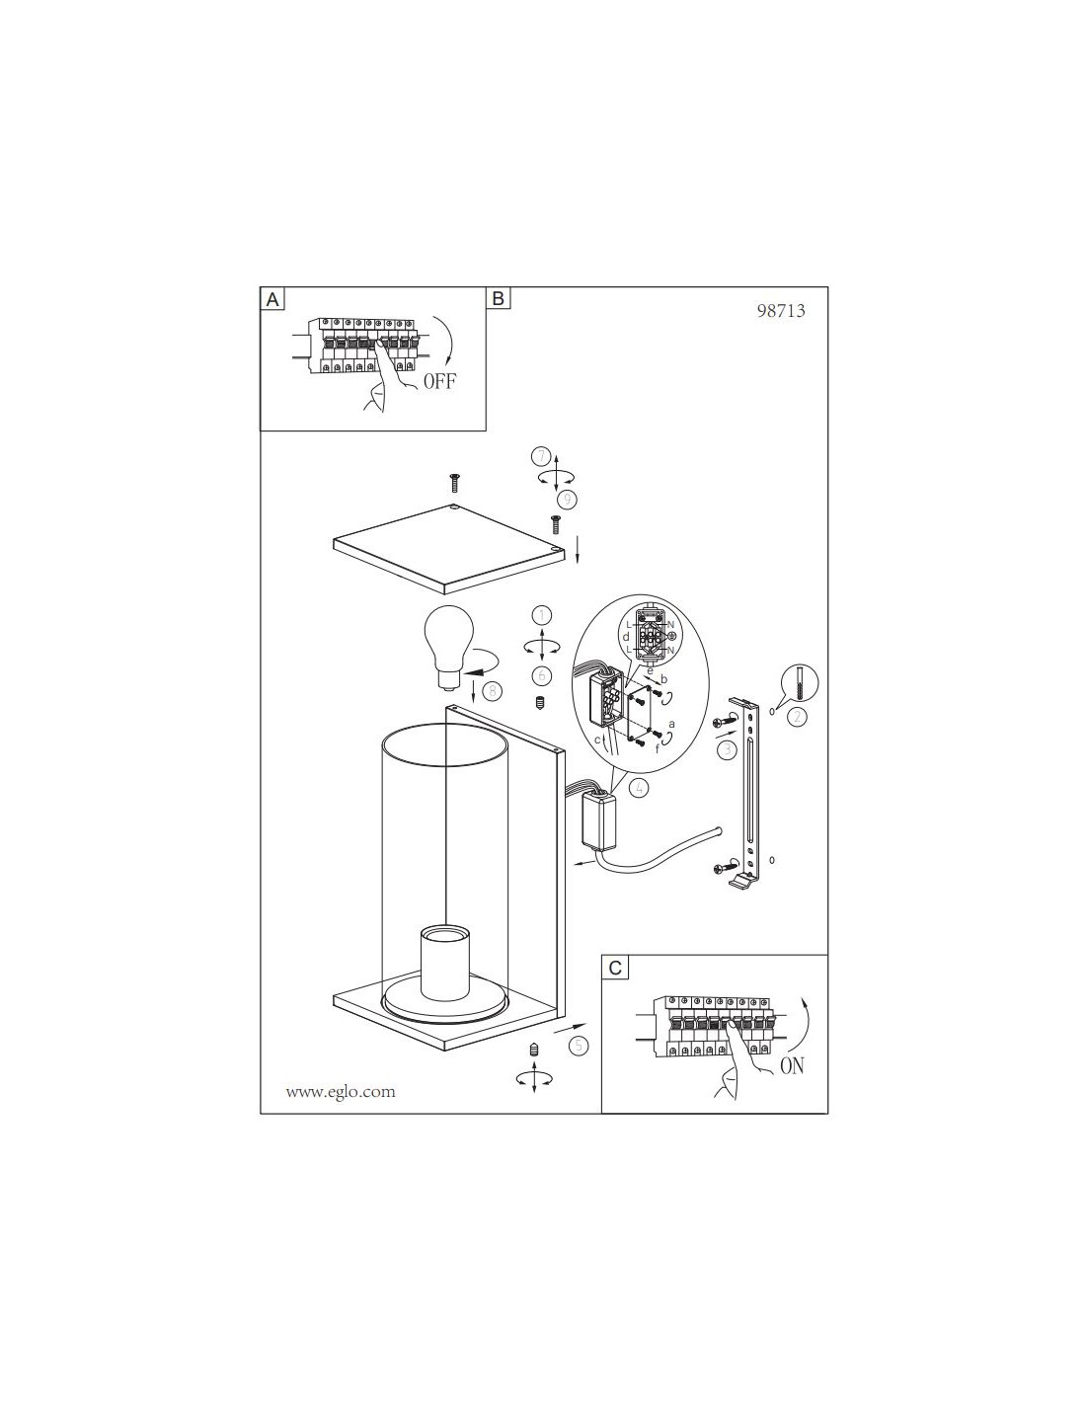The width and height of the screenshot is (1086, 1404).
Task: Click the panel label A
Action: (x=272, y=300)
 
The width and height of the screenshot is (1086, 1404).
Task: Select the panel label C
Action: (x=615, y=968)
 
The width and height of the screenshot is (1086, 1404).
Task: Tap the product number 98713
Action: (x=781, y=311)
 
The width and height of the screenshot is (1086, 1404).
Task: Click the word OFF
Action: (x=439, y=381)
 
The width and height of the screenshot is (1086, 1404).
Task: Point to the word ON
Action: (x=792, y=1066)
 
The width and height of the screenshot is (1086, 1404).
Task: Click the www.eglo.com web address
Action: (x=341, y=1093)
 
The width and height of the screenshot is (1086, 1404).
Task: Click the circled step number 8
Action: (x=493, y=691)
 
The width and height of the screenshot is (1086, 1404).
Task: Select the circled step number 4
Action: (x=639, y=788)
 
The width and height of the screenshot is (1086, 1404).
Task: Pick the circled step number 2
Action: (x=797, y=717)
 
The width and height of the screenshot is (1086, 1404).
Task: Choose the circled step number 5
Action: (x=579, y=1046)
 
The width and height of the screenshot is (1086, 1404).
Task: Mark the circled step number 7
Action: (x=541, y=457)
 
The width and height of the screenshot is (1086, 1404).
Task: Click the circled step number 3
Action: (x=728, y=749)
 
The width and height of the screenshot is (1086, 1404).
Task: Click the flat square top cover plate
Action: (x=449, y=549)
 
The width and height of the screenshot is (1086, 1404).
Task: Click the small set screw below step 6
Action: (x=541, y=702)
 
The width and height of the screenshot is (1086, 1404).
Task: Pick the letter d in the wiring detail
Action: (x=625, y=637)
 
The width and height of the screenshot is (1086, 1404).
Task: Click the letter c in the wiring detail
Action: (x=597, y=740)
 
